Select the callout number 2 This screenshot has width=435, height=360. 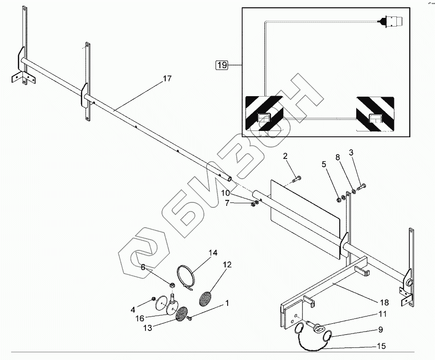[285, 156]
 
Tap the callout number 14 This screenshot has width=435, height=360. [213, 253]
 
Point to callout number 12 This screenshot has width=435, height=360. [227, 265]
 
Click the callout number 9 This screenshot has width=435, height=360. [381, 331]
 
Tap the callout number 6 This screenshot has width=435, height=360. [143, 267]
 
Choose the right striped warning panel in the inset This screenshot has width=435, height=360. [375, 114]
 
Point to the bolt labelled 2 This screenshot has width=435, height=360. [297, 180]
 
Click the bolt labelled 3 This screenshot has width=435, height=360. [362, 187]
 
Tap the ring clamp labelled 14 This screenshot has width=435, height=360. [186, 277]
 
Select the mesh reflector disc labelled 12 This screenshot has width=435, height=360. [205, 296]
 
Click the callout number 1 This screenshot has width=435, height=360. [226, 303]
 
